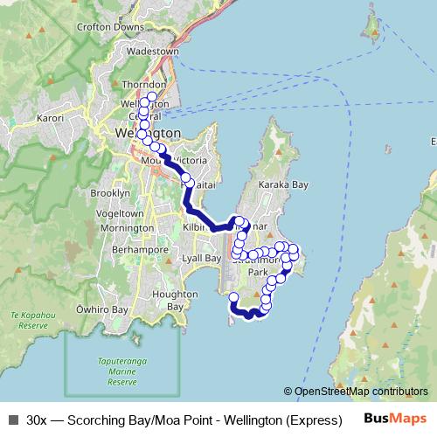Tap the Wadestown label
pos(154,52)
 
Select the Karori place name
pos(51,116)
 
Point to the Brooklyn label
pos(110,192)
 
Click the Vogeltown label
pos(119,213)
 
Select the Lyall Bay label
pos(201,259)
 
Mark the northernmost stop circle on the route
pos(152,96)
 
